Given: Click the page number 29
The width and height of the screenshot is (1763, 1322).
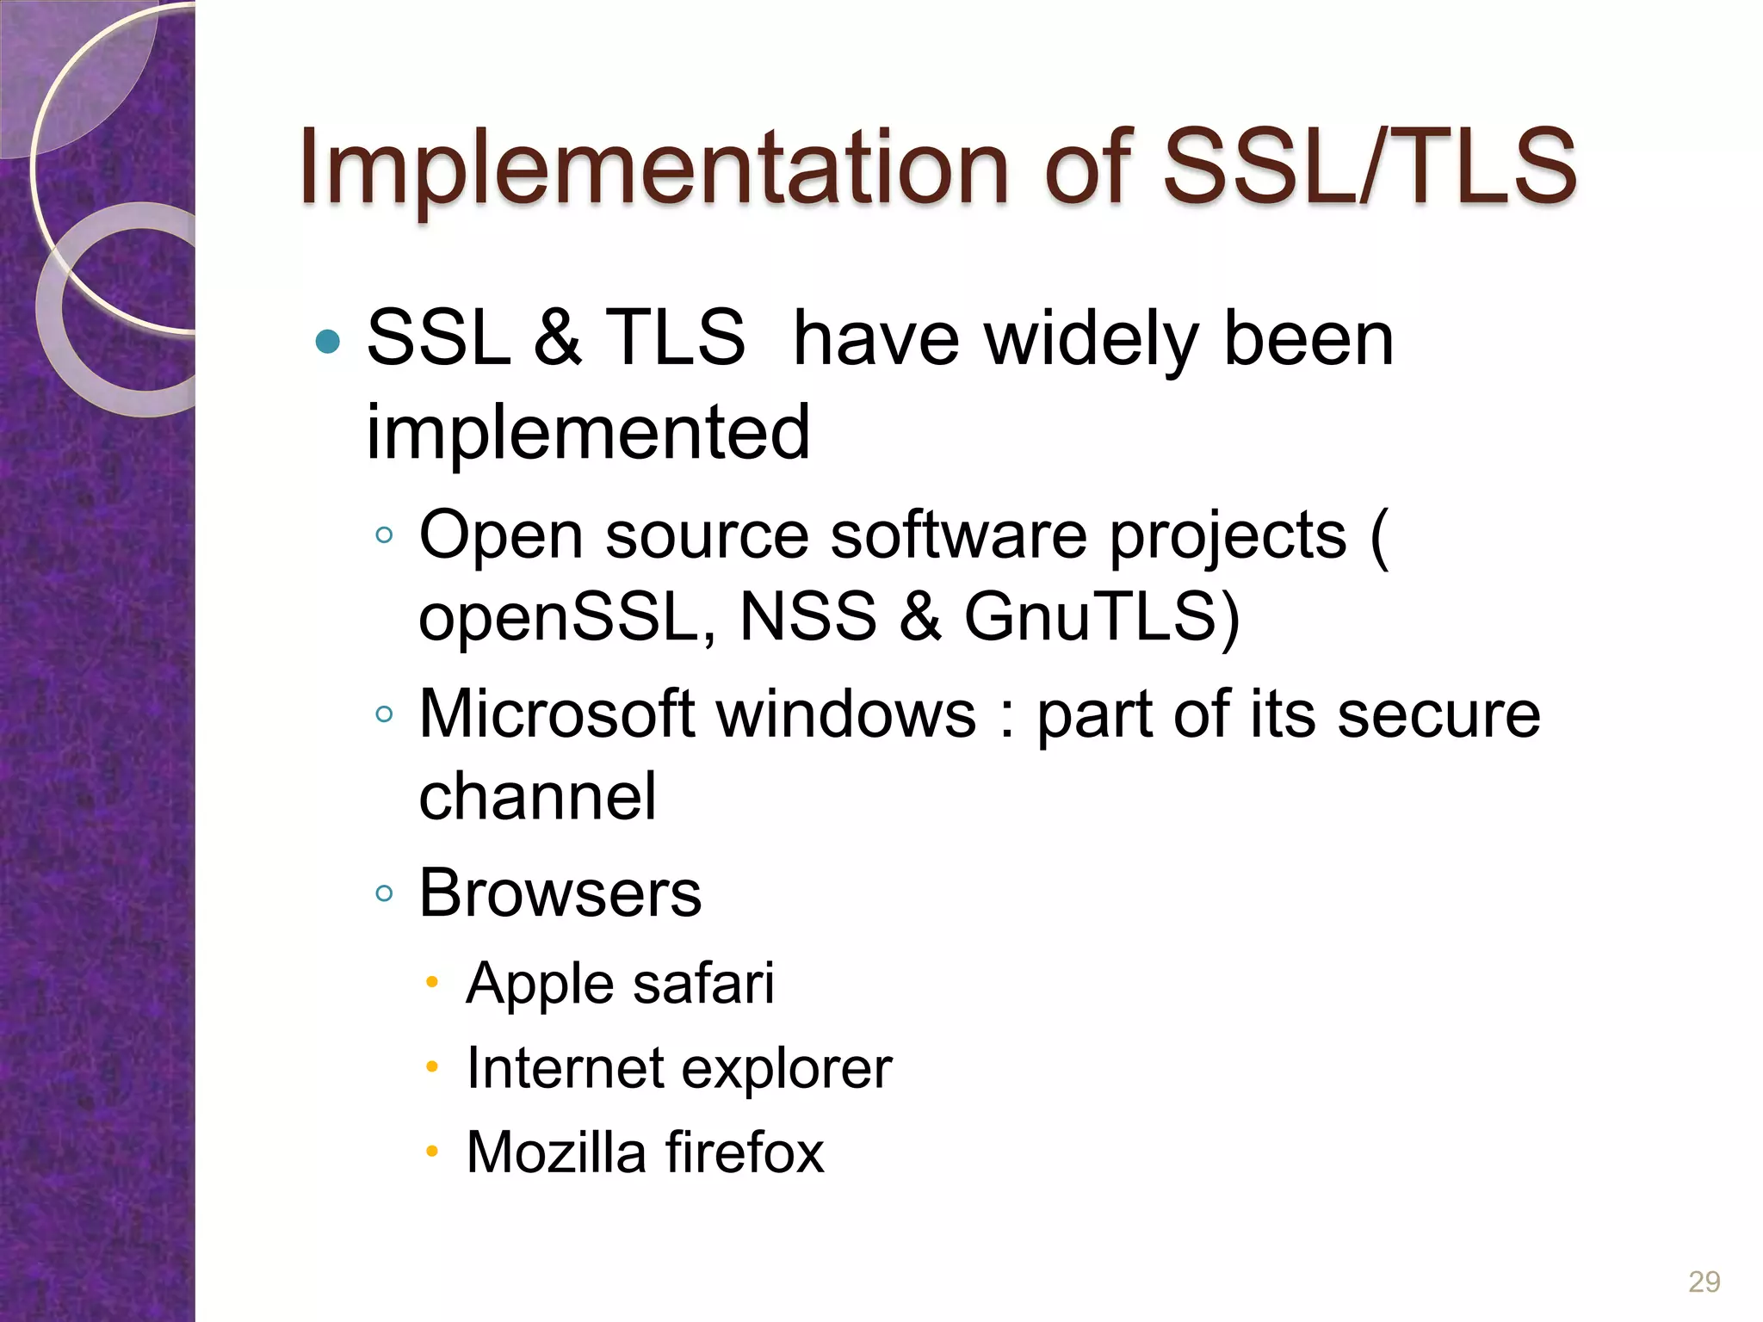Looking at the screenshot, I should click(1704, 1282).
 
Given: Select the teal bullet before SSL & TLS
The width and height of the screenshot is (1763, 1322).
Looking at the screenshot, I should click(328, 343).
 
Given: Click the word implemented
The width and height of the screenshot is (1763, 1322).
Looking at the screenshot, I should click(588, 432).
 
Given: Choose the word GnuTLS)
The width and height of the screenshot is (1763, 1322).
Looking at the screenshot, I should click(1102, 617).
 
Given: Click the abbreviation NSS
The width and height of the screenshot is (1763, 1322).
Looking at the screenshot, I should click(807, 617).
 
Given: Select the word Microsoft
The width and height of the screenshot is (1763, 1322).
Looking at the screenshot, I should click(568, 714).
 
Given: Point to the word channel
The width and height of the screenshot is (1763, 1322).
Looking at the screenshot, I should click(537, 796).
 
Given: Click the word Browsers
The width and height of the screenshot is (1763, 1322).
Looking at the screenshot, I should click(560, 893).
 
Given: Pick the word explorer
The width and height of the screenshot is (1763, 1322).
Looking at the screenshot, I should click(786, 1068).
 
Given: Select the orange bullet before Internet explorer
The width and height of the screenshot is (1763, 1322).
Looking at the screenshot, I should click(432, 1068).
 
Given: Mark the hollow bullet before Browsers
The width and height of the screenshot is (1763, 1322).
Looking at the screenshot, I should click(384, 893).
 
